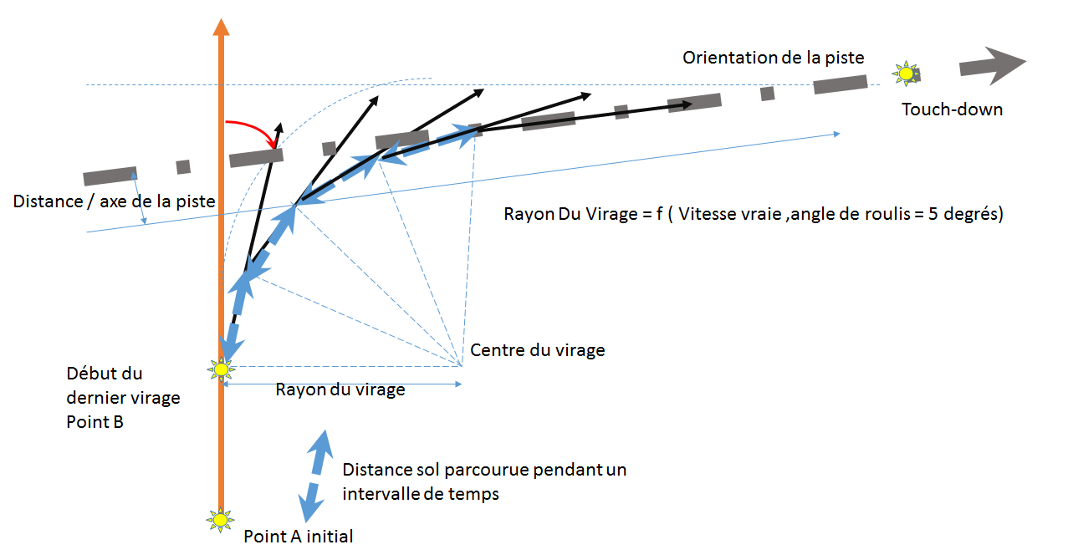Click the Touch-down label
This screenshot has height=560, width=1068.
[x=952, y=109]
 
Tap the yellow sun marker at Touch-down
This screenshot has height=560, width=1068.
[x=905, y=74]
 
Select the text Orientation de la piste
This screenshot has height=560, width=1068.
[x=773, y=58]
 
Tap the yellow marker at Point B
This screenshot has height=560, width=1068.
[x=221, y=368]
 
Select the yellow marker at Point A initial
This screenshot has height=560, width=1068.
[x=220, y=520]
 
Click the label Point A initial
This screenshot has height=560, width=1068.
[x=299, y=536]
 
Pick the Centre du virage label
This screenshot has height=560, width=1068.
[x=537, y=350]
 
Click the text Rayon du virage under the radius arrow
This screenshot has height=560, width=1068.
[x=340, y=389]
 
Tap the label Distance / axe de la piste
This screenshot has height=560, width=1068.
[x=115, y=201]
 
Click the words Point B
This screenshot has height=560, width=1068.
[x=95, y=422]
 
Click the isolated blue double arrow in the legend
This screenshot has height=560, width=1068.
[x=314, y=477]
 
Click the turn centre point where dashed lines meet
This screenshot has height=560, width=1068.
[x=461, y=365]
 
